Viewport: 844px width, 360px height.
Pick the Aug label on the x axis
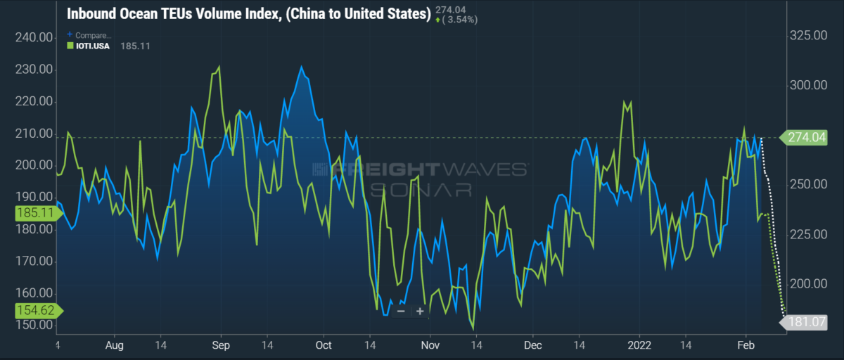(115, 346)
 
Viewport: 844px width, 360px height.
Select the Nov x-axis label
(430, 346)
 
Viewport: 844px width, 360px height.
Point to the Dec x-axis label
(532, 346)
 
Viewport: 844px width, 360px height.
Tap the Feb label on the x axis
(745, 346)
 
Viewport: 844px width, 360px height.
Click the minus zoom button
(401, 311)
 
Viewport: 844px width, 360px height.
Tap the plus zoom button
(420, 311)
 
